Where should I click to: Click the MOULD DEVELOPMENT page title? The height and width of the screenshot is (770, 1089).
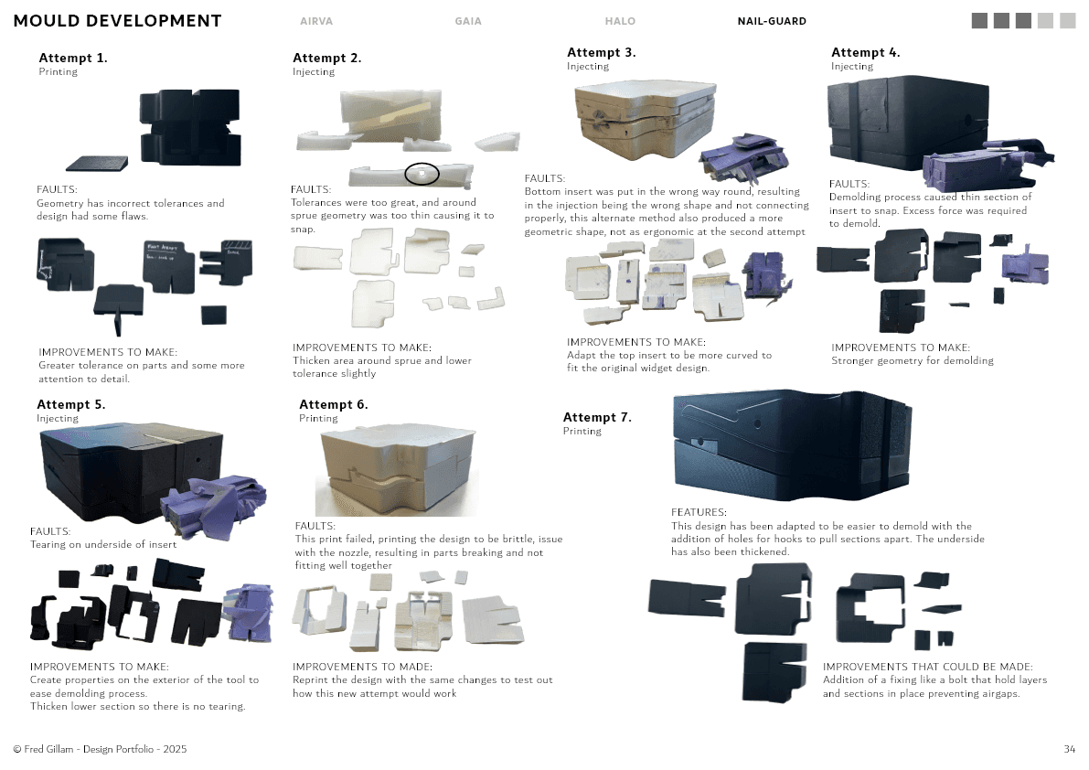tap(118, 21)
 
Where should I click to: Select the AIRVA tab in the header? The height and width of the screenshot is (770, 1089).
tap(316, 21)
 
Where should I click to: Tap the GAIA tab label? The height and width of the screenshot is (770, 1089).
tap(468, 21)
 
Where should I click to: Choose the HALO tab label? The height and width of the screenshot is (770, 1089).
tap(620, 21)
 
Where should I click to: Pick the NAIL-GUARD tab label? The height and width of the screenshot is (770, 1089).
tap(772, 21)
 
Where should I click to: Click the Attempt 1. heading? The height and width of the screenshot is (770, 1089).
tap(73, 58)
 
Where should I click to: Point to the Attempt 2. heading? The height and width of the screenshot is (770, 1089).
tap(327, 58)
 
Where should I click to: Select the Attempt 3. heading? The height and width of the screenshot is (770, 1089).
tap(602, 52)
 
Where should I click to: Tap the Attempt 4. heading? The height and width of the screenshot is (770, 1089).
tap(866, 52)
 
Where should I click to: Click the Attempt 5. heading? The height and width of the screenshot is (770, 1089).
tap(71, 404)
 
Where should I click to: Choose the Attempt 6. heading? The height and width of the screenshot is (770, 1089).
tap(334, 404)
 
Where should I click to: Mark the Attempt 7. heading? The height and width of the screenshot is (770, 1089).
tap(597, 417)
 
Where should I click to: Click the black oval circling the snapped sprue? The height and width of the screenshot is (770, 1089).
tap(422, 173)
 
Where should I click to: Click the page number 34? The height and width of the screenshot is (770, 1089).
tap(1069, 749)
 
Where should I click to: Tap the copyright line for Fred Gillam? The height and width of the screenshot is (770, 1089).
tap(101, 749)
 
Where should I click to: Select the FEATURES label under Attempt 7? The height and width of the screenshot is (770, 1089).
tap(699, 513)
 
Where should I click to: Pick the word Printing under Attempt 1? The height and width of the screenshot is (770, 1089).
tap(58, 71)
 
